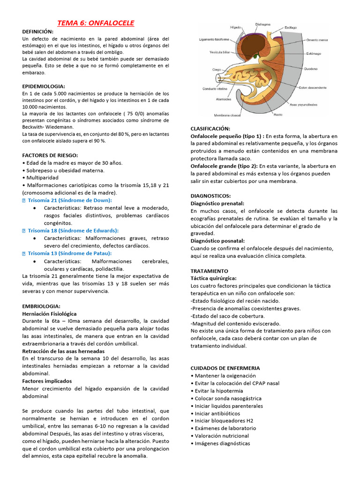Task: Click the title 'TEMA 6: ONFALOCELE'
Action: pyautogui.click(x=96, y=23)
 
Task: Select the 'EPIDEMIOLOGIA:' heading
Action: pyautogui.click(x=44, y=87)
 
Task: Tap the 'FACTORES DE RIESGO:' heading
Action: pyautogui.click(x=50, y=155)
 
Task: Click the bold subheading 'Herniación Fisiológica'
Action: pyautogui.click(x=49, y=314)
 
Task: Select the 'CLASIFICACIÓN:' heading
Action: pyautogui.click(x=210, y=128)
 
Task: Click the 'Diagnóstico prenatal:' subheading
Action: pyautogui.click(x=217, y=203)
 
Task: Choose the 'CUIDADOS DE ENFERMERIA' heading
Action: pyautogui.click(x=225, y=368)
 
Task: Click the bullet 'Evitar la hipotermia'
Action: pyautogui.click(x=218, y=391)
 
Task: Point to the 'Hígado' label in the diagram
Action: pyautogui.click(x=236, y=27)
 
